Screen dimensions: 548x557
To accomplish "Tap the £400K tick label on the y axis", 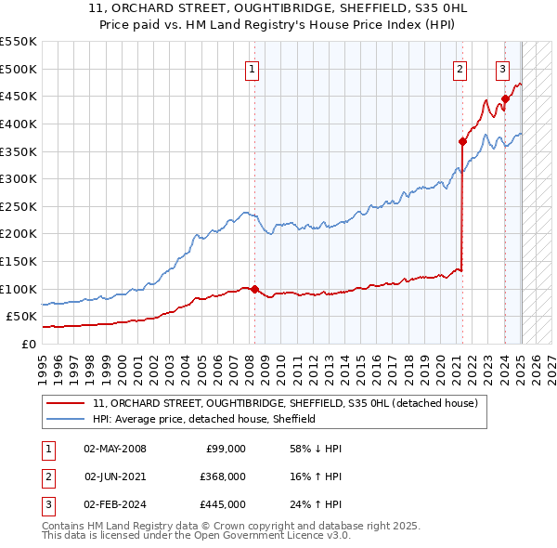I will pyautogui.click(x=19, y=124).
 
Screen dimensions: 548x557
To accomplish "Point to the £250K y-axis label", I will pyautogui.click(x=19, y=206).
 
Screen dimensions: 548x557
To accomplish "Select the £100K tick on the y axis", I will pyautogui.click(x=19, y=289).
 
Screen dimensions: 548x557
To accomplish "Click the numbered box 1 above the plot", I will pyautogui.click(x=253, y=68).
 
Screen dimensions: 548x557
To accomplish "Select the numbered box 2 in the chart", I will pyautogui.click(x=460, y=68).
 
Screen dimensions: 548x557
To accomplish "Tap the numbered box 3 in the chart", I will pyautogui.click(x=502, y=68).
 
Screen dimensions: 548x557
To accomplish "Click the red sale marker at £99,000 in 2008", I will pyautogui.click(x=254, y=289).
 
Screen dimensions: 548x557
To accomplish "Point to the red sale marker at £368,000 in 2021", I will pyautogui.click(x=461, y=141).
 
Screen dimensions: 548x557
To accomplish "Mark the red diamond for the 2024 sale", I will pyautogui.click(x=505, y=98).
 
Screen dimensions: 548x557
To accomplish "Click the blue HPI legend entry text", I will pyautogui.click(x=204, y=419).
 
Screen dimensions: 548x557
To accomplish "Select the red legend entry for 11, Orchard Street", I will pyautogui.click(x=285, y=404).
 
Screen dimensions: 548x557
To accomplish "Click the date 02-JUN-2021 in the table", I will pyautogui.click(x=115, y=476).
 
